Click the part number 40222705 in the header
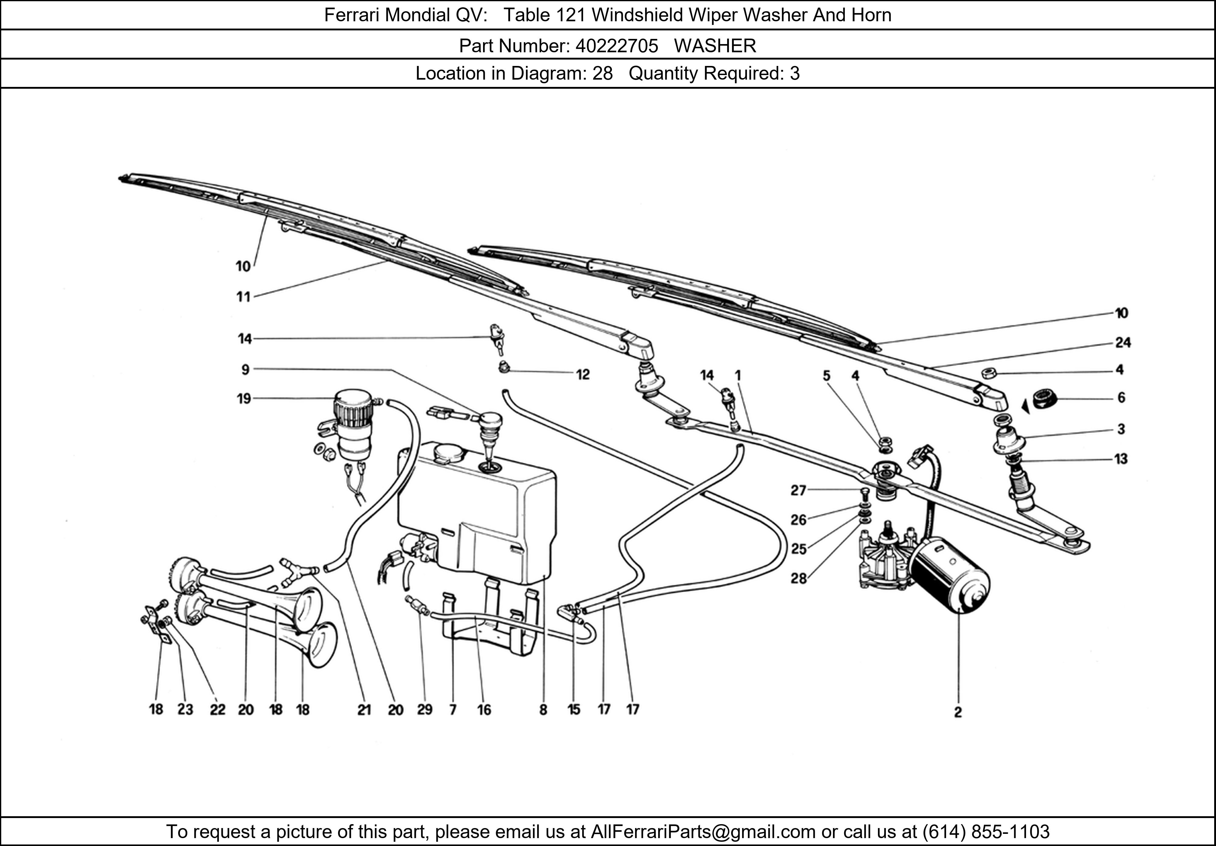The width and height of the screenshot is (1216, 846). (617, 46)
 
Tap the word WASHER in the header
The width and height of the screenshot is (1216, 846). (715, 46)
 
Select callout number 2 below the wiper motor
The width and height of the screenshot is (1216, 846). (958, 713)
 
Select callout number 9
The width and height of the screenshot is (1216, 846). (245, 370)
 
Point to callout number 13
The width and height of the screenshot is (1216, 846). (1121, 459)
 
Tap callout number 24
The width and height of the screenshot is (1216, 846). (1123, 343)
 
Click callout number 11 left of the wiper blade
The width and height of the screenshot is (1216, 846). (243, 297)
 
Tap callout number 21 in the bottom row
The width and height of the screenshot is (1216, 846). (364, 710)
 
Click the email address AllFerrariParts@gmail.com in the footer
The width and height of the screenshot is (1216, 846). (703, 832)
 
